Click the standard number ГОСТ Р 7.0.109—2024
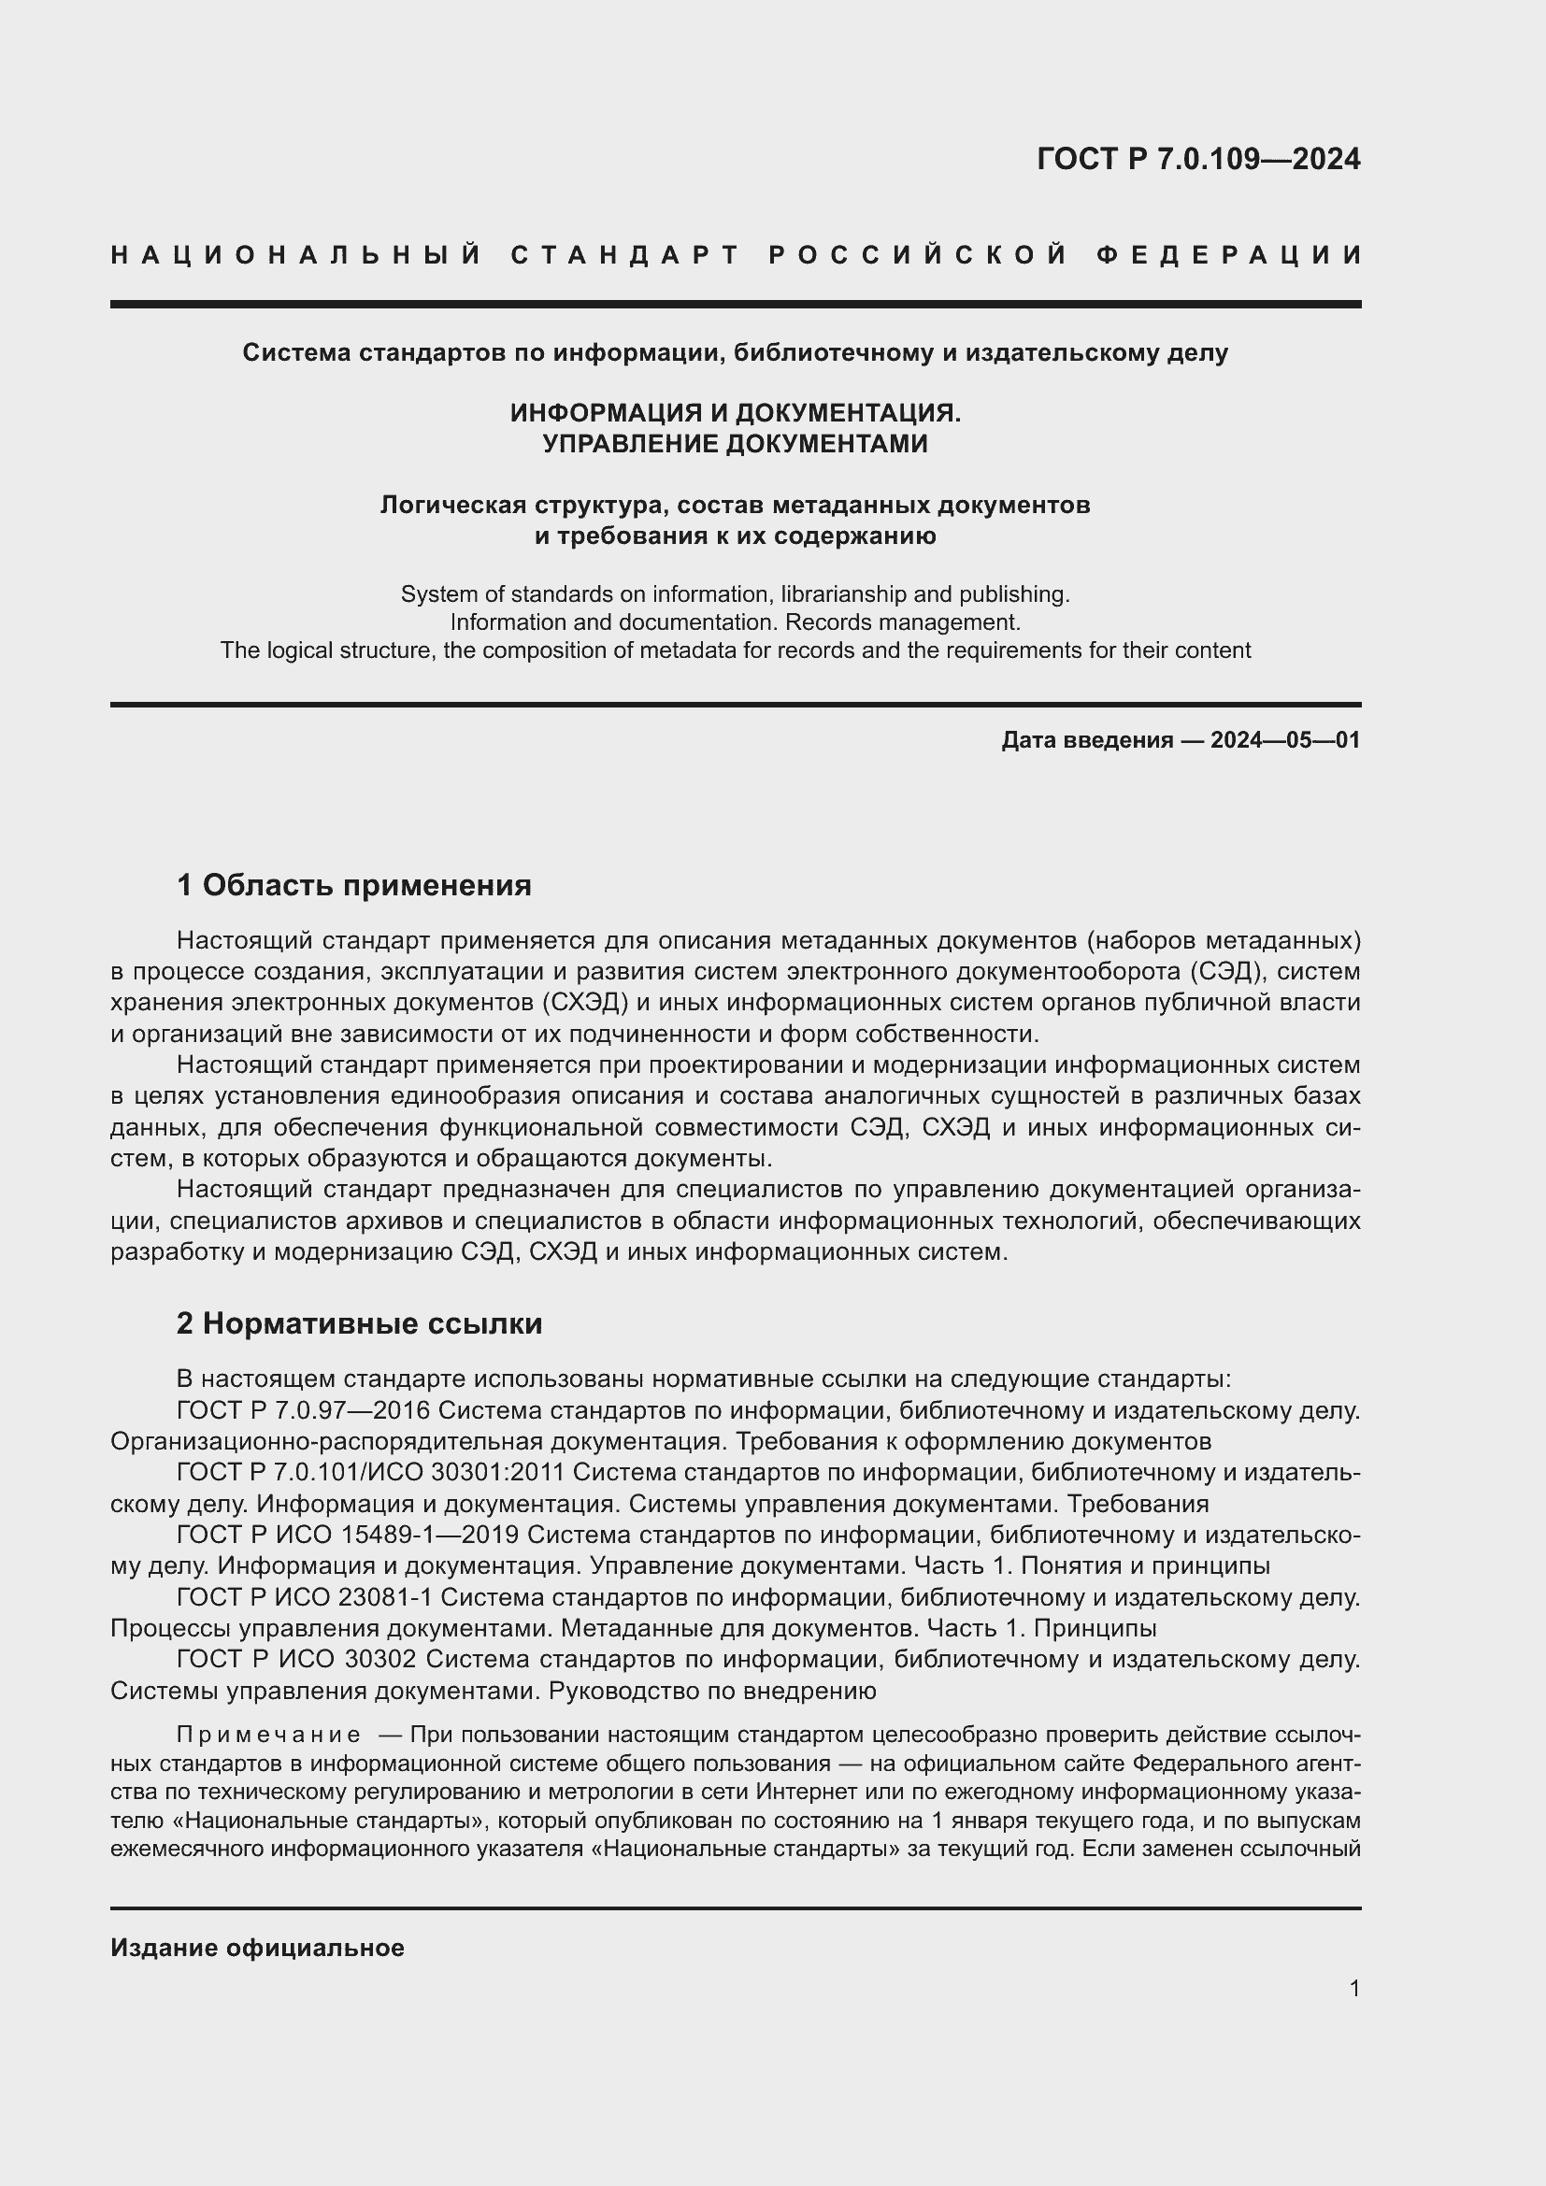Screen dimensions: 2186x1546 pyautogui.click(x=1198, y=159)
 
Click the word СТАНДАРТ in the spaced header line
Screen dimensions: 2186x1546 pyautogui.click(x=625, y=255)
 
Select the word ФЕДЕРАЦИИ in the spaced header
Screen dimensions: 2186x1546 pyautogui.click(x=1229, y=255)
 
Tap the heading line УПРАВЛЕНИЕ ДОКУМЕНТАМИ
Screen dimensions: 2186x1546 pyautogui.click(x=735, y=444)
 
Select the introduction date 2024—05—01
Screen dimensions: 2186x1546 pyautogui.click(x=1285, y=740)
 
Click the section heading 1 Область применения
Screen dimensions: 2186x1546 pyautogui.click(x=354, y=885)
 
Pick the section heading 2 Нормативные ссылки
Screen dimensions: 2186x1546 pyautogui.click(x=360, y=1323)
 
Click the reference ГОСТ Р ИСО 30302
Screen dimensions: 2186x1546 pyautogui.click(x=296, y=1660)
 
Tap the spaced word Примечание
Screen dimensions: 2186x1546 pyautogui.click(x=268, y=1735)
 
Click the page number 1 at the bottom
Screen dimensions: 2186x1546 pyautogui.click(x=1354, y=1988)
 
